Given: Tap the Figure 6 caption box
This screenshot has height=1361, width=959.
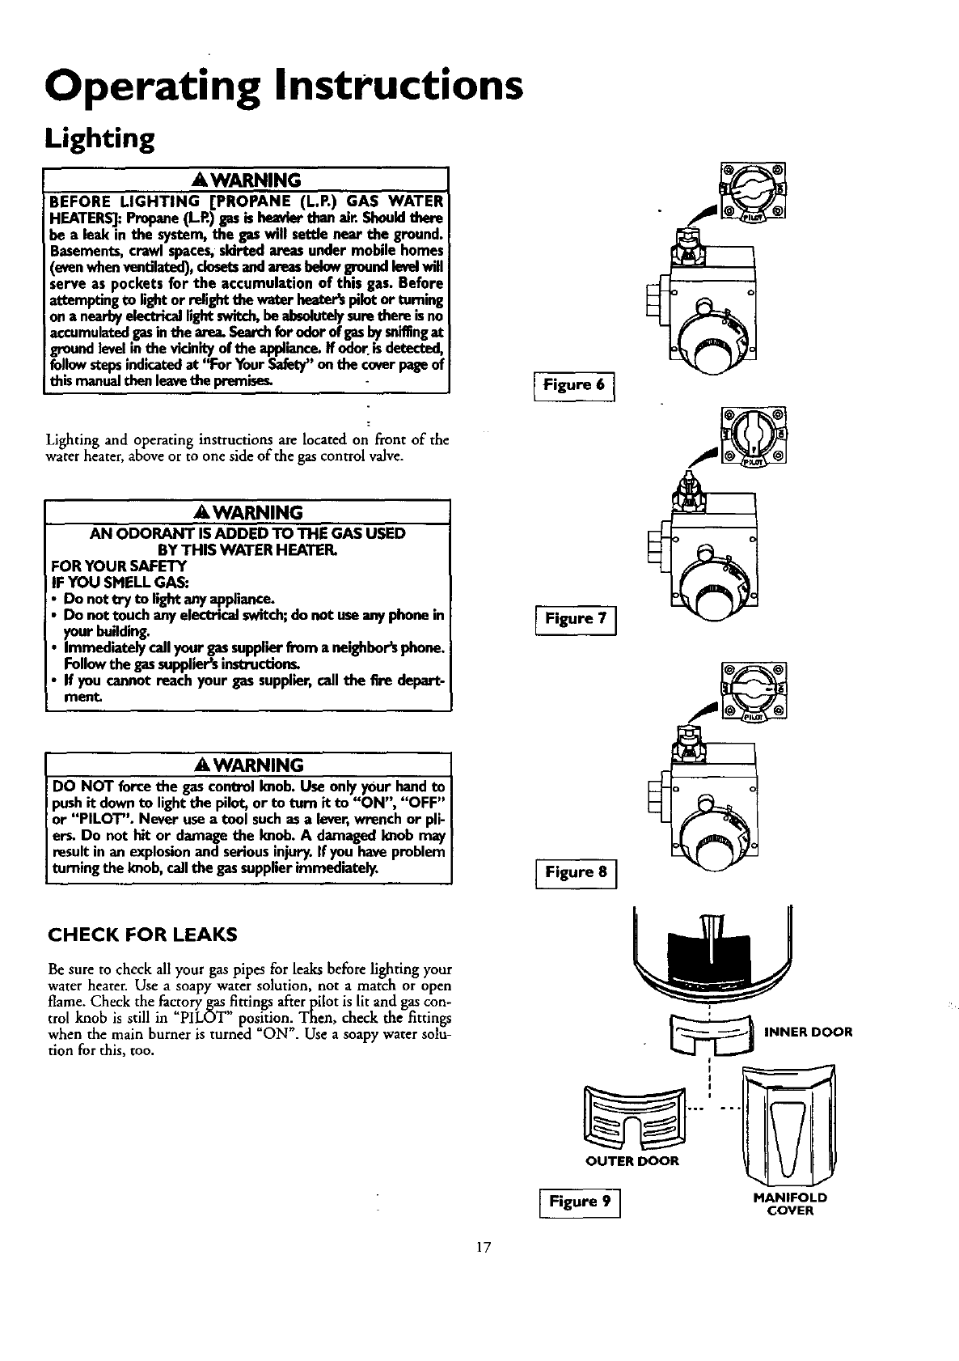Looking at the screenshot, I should (x=574, y=385).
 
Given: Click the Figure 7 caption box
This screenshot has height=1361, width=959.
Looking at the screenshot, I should (x=576, y=619).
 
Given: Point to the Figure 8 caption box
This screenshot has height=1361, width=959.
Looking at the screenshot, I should (x=576, y=871).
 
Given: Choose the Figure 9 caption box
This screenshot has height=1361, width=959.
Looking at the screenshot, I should (x=579, y=1202).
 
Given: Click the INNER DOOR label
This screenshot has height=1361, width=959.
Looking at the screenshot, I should (x=808, y=1031).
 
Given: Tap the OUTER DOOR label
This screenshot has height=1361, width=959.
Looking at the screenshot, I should (x=632, y=1161).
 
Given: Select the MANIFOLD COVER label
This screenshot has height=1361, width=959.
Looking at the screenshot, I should (x=789, y=1204).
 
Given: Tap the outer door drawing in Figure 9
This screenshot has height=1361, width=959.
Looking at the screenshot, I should (x=635, y=1117).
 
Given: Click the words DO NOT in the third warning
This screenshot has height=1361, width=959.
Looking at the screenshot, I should (x=78, y=786).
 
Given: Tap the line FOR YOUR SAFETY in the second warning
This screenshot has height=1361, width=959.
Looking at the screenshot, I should (x=118, y=566).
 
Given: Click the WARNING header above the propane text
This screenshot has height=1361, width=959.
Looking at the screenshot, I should (x=247, y=179).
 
